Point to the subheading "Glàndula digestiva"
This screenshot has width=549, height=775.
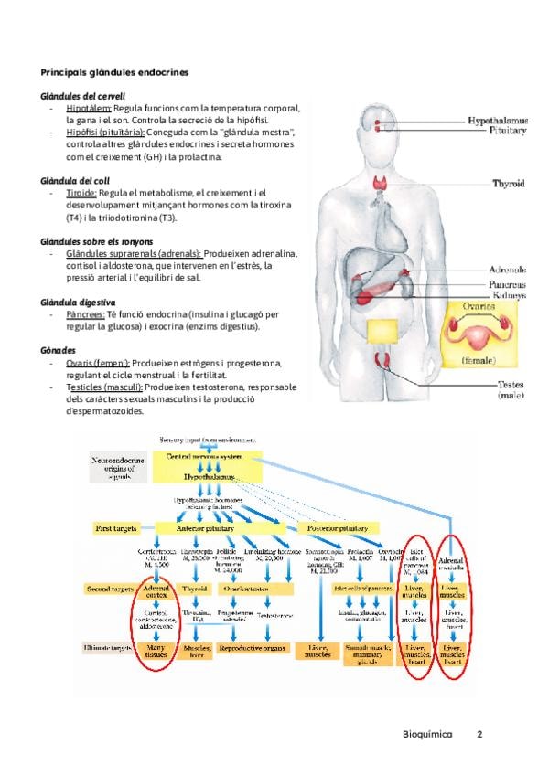point(78,302)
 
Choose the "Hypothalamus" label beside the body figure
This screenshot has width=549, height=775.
point(497,120)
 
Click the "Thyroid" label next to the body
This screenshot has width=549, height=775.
point(509,184)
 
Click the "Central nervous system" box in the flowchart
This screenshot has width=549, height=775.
point(212,456)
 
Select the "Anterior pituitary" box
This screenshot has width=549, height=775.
point(211,528)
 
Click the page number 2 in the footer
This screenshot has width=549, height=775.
point(479,734)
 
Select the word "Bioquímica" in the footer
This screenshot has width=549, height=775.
point(427,734)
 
